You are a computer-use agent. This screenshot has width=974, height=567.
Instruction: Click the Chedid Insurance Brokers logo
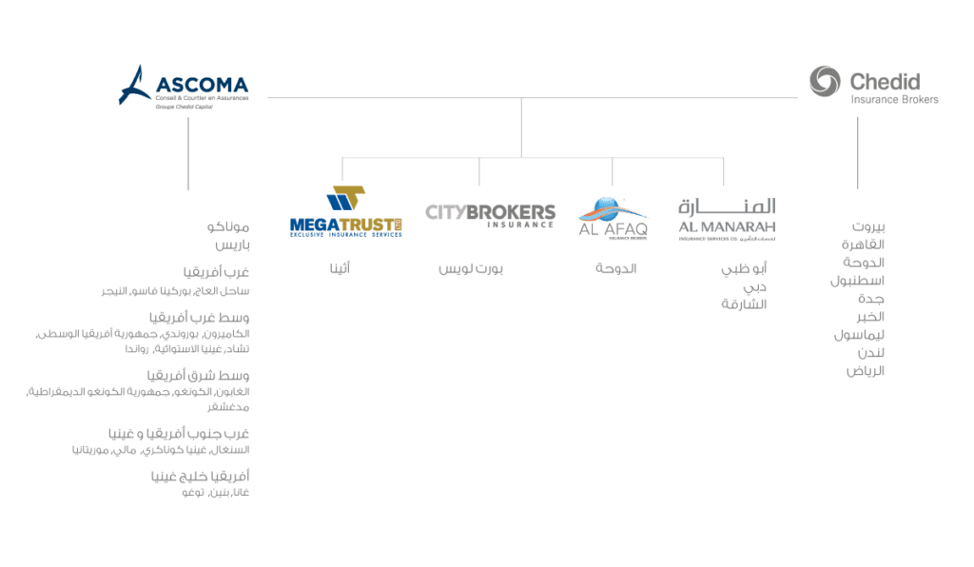873,84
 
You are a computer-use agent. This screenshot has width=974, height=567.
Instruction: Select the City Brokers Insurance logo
490,214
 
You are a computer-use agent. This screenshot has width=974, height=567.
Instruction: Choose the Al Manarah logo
727,219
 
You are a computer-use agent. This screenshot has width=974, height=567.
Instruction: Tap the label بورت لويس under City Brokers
471,269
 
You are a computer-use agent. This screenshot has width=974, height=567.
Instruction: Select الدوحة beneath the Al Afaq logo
616,269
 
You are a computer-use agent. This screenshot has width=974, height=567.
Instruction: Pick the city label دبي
755,287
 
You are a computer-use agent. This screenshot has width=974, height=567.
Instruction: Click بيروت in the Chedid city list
867,227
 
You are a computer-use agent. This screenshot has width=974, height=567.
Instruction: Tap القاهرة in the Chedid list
864,244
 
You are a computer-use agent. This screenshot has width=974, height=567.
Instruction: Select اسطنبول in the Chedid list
858,281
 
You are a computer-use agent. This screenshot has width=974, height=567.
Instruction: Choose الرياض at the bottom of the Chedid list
866,371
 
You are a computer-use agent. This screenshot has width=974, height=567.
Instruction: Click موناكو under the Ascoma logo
228,227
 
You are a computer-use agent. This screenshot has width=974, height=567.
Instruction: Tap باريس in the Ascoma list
232,245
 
